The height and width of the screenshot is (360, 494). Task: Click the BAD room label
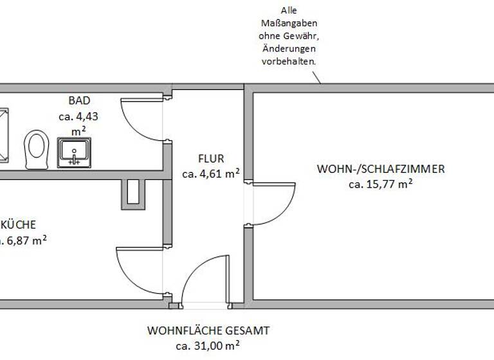80,100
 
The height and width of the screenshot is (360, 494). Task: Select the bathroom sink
74,152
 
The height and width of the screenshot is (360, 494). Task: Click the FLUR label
210,158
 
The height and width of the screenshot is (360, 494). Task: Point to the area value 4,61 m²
211,173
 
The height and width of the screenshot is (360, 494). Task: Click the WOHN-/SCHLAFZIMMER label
380,170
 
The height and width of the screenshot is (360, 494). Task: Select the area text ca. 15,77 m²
380,184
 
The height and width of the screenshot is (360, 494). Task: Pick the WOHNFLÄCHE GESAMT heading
208,331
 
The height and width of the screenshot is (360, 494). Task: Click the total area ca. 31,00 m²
208,346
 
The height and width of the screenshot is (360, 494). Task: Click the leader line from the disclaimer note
314,76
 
